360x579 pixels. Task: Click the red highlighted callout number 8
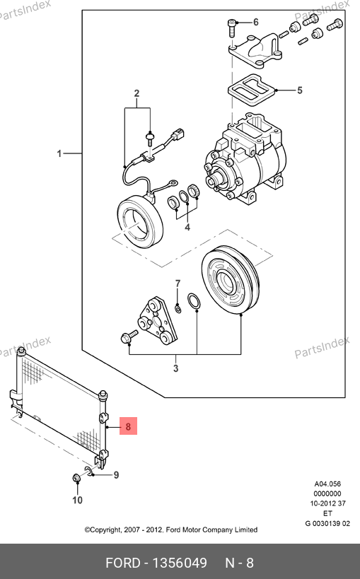point(128,426)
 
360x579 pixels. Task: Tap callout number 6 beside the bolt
point(256,22)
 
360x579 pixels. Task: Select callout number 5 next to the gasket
point(300,90)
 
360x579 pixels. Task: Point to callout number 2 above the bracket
point(137,93)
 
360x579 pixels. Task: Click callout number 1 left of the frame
point(59,153)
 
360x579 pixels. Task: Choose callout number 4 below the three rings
point(187,227)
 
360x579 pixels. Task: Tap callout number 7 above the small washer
point(178,283)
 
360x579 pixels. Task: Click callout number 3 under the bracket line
point(176,368)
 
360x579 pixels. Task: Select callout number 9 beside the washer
point(116,475)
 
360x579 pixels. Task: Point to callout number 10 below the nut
point(77,500)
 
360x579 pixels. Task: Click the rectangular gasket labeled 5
point(250,90)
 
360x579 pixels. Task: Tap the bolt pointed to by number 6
point(231,28)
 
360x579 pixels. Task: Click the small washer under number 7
point(178,308)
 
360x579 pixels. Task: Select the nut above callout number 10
point(76,478)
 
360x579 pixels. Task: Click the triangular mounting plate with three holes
point(157,320)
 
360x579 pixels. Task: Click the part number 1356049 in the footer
point(180,563)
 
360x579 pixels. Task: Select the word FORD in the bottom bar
point(123,563)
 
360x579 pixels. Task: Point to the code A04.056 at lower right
point(327,484)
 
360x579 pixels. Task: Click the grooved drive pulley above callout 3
point(231,281)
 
